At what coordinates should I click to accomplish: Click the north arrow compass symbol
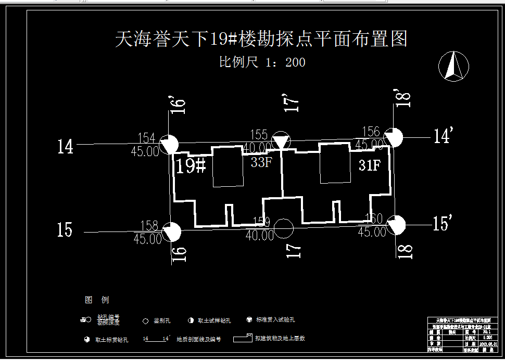click(453, 66)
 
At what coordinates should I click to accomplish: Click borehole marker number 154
click(169, 144)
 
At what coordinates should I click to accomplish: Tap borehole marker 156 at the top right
click(394, 137)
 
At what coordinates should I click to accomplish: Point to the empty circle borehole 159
click(283, 228)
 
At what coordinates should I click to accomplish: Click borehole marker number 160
click(396, 225)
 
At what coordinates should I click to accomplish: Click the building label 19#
click(191, 166)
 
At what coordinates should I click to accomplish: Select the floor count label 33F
click(261, 162)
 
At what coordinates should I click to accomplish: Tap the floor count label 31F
click(370, 165)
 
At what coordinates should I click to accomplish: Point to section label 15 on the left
click(65, 230)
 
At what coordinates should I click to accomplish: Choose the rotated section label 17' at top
click(293, 102)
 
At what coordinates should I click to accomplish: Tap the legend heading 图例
click(97, 300)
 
